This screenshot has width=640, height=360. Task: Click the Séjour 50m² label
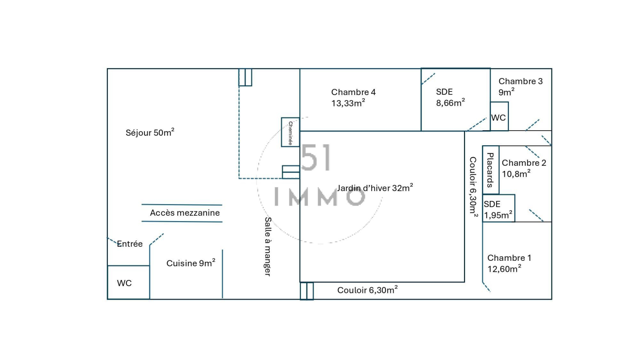pos(150,133)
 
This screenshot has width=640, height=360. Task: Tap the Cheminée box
pos(290,132)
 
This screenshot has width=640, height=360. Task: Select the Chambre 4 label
pos(353,92)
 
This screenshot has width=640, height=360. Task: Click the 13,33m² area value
pos(348,103)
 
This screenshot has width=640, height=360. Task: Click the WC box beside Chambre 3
pos(499,117)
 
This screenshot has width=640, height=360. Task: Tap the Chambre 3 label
pos(520,81)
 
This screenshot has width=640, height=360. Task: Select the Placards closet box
pos(491,170)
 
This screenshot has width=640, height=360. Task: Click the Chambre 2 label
pos(524,163)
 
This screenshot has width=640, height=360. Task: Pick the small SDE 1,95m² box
pos(498,209)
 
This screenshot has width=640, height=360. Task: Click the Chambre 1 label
pos(509,258)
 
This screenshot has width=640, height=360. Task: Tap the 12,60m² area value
pos(504,269)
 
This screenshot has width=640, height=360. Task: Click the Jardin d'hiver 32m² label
pos(375,188)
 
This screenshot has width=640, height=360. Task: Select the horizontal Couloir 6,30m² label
pos(367,290)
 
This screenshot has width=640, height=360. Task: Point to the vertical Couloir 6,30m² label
pos(473,186)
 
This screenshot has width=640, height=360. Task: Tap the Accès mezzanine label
pos(185,213)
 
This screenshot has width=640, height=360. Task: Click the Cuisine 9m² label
pos(191,263)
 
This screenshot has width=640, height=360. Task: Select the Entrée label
pos(130,244)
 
